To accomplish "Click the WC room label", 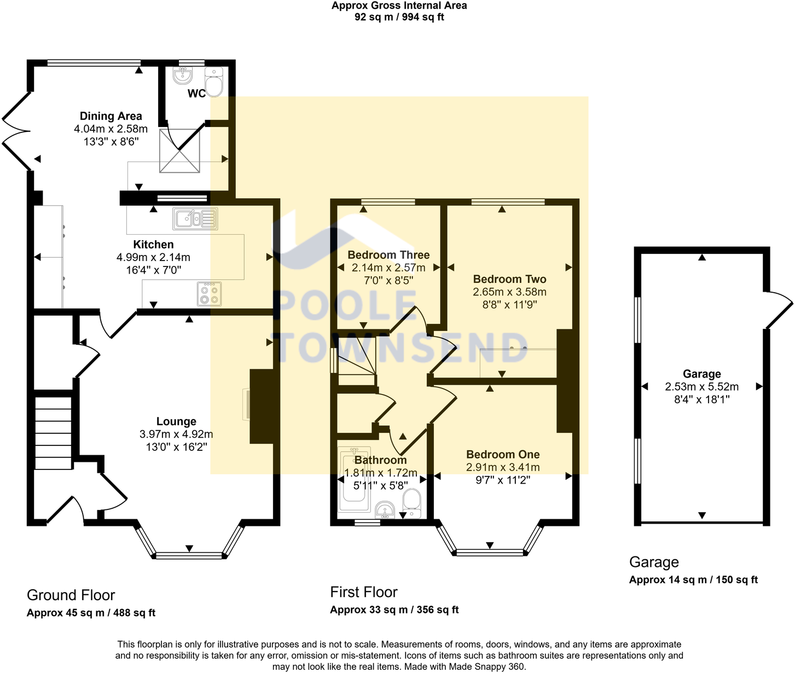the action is coord(196,94).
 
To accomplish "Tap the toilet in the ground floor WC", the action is coord(214,82).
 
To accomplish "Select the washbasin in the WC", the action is coord(182,76).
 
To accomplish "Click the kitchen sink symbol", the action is coord(195,219).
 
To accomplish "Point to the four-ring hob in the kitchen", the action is coord(209,294).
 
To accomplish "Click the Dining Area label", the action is coord(111,116).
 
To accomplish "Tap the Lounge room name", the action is coord(176,421).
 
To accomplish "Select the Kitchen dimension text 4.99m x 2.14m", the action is coord(153,257).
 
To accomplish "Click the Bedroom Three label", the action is coord(388,255).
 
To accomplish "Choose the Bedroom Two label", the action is coord(509,279).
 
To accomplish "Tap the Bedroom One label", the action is coord(503,455).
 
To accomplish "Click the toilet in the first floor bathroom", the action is coord(412,503).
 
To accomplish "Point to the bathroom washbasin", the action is coord(385,509).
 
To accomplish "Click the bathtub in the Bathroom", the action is coord(354,479).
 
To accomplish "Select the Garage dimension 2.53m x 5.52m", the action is coord(702,387).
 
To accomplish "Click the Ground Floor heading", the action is coord(71,595).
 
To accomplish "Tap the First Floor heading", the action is coord(364,592).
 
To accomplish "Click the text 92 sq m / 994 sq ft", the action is coord(399,18).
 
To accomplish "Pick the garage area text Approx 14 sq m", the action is coord(668,580).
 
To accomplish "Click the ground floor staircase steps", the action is coord(54,433).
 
